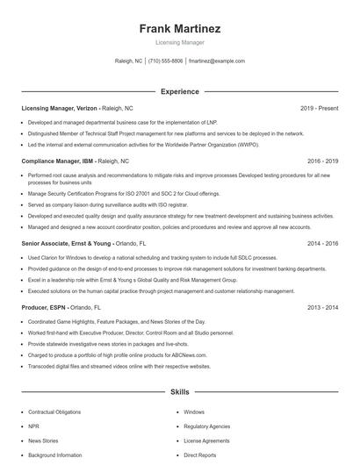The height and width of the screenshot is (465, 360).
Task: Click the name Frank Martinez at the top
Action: (180, 29)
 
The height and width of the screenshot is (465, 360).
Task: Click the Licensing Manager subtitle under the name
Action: (180, 42)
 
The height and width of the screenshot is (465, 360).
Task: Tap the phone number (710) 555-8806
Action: (166, 61)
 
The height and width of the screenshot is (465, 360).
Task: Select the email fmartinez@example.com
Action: (217, 61)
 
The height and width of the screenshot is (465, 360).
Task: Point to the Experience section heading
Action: (180, 91)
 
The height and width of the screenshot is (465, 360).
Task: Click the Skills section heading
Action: (180, 394)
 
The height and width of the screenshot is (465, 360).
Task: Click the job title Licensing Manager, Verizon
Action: (60, 108)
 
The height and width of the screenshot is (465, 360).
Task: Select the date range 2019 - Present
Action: (319, 108)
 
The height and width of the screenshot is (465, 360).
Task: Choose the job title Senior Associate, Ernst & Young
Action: (67, 243)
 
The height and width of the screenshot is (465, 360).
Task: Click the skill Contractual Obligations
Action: (54, 411)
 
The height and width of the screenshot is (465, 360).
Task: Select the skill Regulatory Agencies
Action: (206, 426)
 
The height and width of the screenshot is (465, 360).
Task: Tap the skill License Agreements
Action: (206, 441)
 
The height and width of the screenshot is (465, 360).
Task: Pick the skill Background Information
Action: (55, 455)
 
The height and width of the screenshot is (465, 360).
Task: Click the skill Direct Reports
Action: (201, 455)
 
